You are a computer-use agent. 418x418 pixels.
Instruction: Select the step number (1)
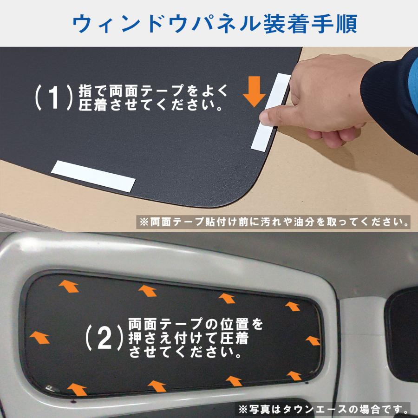coord(54,97)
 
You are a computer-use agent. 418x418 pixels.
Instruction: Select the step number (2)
coord(104,339)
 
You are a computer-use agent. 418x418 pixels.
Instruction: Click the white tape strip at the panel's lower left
coord(95,176)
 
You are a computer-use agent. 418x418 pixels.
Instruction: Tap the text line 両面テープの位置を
coord(195,322)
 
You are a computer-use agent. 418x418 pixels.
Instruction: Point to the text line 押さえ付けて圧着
coord(189,337)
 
